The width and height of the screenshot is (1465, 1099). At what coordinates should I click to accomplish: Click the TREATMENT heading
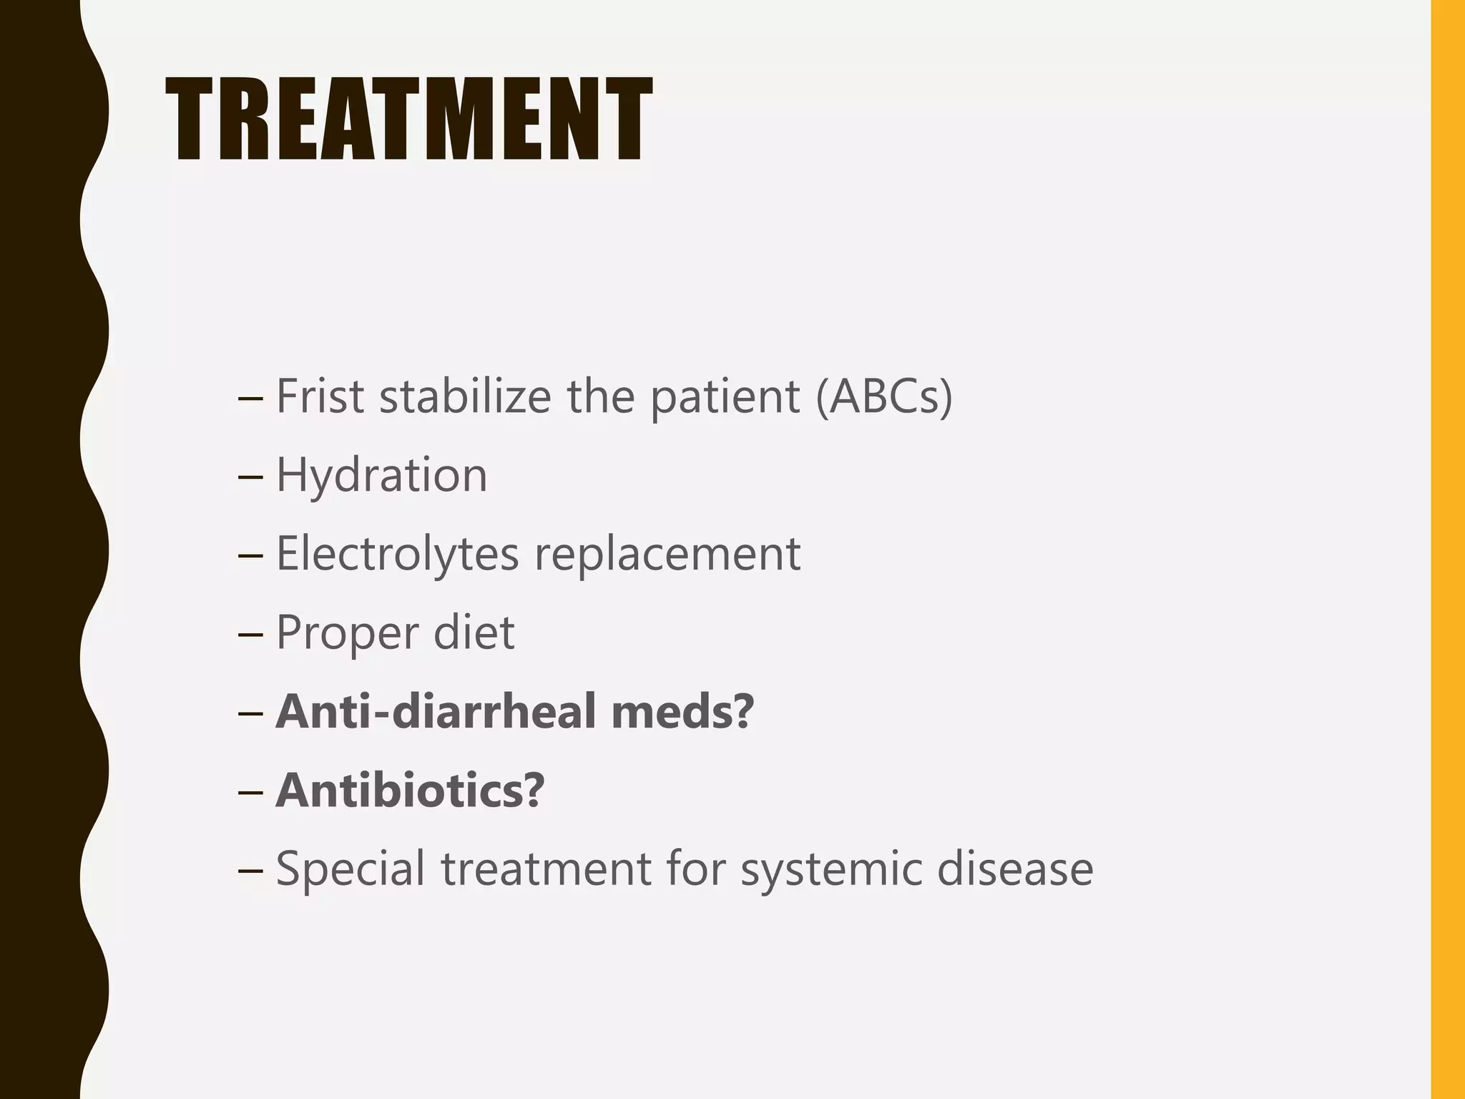(408, 119)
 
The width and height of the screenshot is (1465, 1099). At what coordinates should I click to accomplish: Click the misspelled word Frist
(320, 396)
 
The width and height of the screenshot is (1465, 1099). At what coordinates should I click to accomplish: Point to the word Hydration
(381, 475)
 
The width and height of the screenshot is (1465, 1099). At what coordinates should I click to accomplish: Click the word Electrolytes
(397, 554)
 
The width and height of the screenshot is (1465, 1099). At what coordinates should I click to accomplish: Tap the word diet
(474, 632)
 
